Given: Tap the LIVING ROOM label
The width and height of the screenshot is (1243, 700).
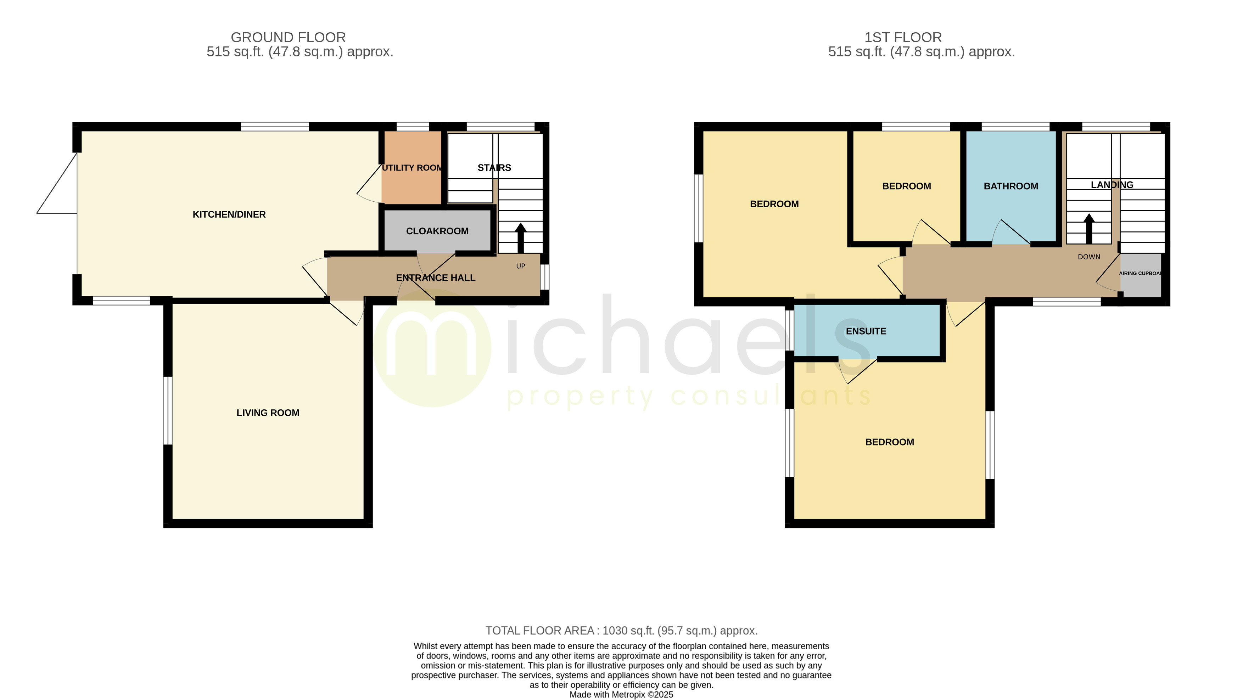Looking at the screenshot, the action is coord(268,413).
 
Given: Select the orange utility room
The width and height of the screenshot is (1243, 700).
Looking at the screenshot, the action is coord(411,167).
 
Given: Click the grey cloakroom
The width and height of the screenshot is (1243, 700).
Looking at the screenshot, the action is coord(437,231).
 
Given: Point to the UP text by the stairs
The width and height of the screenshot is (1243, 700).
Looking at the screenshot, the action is coord(521,266).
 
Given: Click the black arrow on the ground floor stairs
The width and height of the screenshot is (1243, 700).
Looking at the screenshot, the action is coord(520,238).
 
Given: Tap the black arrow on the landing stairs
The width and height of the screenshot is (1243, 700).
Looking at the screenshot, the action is coord(1089,229).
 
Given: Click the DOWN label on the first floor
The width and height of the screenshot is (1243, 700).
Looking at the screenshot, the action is coord(1089,257).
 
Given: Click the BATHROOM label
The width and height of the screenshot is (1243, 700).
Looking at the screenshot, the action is coord(1011,186).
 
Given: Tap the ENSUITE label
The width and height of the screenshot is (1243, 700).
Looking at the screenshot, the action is coord(866,331).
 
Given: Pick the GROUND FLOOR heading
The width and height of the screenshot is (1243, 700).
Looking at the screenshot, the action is coord(288,37).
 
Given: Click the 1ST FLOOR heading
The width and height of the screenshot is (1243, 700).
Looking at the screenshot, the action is coord(903,37).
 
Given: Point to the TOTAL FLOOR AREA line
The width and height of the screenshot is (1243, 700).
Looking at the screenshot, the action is coord(622,631).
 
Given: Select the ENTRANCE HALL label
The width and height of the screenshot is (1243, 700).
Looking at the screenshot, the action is coord(436,278).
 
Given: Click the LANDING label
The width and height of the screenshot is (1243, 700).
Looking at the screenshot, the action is coord(1112,185).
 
